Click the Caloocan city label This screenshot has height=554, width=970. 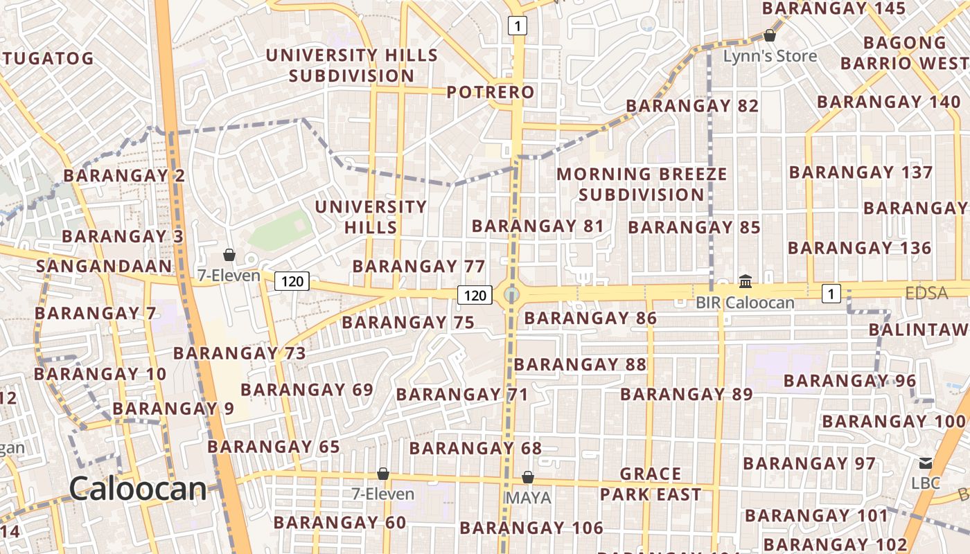point(138,489)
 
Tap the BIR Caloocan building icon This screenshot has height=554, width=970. point(746,281)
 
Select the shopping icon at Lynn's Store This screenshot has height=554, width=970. point(769,35)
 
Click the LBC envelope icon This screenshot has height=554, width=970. point(925,463)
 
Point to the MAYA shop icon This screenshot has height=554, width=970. point(527,477)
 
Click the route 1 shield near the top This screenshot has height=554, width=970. point(517,26)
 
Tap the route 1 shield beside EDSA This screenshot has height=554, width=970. point(831,294)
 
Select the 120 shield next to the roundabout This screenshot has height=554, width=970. point(475,296)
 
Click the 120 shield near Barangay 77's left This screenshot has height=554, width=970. point(292,281)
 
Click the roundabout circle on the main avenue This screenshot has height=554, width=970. point(511,295)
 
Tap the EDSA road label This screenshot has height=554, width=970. point(926,293)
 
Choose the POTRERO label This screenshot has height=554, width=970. point(491,92)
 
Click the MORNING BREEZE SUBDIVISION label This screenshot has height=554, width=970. point(642,184)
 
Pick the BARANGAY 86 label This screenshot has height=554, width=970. point(590,319)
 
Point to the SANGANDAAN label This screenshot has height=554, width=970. point(103,266)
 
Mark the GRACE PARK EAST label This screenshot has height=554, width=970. point(650,484)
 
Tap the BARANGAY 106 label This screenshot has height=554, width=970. point(531,528)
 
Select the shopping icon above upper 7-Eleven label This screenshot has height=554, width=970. point(229,256)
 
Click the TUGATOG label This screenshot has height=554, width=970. point(48,58)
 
